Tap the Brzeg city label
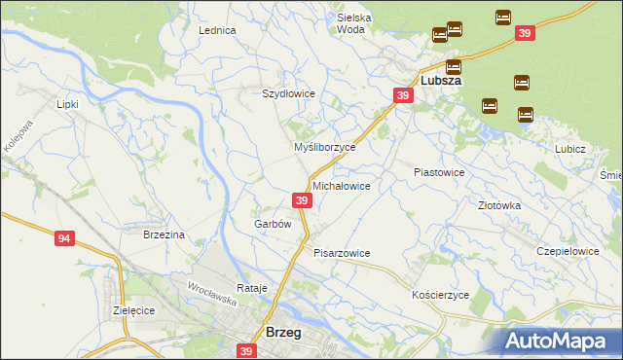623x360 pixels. pos(283,332)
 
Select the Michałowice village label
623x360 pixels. pos(341,185)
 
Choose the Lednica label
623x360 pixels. pos(218,30)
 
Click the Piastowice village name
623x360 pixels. pos(439,171)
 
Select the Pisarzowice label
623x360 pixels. pos(342,253)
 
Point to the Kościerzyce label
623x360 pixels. pos(441,294)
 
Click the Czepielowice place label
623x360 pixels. pos(568,250)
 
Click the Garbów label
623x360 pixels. pos(273,224)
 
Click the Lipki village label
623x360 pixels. pos(67,103)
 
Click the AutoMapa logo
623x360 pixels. pos(559,341)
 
